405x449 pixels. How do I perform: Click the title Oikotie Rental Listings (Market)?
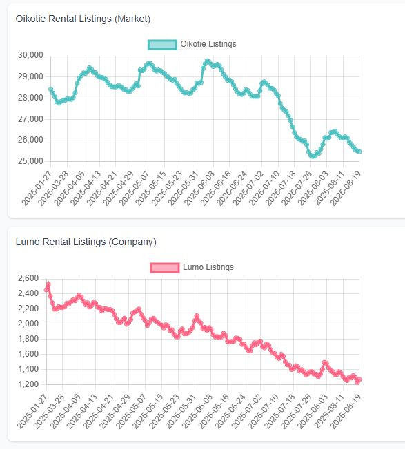pyautogui.click(x=83, y=19)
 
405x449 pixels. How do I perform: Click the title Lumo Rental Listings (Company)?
pyautogui.click(x=86, y=242)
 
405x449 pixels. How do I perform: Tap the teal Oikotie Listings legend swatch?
pyautogui.click(x=162, y=44)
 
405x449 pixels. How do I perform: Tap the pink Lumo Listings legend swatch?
pyautogui.click(x=165, y=267)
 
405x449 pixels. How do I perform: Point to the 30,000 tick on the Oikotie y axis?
pyautogui.click(x=30, y=55)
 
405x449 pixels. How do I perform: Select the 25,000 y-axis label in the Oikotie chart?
pyautogui.click(x=30, y=161)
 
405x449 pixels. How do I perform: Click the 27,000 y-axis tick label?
pyautogui.click(x=30, y=119)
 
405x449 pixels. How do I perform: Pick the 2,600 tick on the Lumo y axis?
pyautogui.click(x=28, y=278)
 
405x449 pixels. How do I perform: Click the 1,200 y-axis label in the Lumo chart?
pyautogui.click(x=28, y=384)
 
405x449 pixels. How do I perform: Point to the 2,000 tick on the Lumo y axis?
pyautogui.click(x=28, y=324)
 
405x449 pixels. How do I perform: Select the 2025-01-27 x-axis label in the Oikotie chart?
pyautogui.click(x=37, y=188)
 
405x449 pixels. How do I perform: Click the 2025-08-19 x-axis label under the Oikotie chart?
pyautogui.click(x=346, y=188)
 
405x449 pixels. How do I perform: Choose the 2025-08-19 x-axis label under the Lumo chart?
pyautogui.click(x=346, y=411)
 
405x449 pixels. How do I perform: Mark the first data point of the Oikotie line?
pyautogui.click(x=51, y=90)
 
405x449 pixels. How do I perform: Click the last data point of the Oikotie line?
pyautogui.click(x=359, y=152)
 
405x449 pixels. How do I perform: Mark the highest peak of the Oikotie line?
pyautogui.click(x=208, y=61)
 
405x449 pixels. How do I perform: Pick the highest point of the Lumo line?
pyautogui.click(x=48, y=284)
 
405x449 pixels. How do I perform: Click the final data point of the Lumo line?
pyautogui.click(x=359, y=379)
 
